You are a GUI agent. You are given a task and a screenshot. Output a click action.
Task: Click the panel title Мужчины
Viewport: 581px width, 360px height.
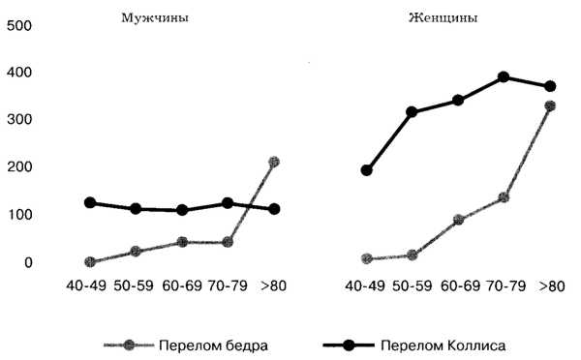coord(155,17)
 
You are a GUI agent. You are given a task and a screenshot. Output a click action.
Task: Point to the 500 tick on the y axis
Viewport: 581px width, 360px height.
coord(20,26)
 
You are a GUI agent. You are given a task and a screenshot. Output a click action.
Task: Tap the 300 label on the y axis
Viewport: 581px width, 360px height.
coord(20,120)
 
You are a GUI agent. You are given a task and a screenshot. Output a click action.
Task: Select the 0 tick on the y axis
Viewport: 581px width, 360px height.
coord(28,262)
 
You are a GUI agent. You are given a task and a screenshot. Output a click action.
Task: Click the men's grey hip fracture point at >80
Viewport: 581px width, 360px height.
coord(274,162)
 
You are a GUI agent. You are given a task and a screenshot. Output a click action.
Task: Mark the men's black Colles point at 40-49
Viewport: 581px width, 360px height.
coord(90,203)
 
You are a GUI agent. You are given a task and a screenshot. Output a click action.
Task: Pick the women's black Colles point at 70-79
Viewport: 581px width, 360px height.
coord(504,77)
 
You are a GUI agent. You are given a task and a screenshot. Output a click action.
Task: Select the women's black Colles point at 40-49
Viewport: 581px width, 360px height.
coord(367,170)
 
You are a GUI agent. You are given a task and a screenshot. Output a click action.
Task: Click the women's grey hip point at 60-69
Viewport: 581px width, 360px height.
coord(458,220)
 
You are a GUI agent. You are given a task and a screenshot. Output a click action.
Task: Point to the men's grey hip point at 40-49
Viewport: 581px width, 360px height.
coord(90,261)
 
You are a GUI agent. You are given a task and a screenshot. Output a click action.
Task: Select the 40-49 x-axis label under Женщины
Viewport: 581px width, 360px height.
coord(367,286)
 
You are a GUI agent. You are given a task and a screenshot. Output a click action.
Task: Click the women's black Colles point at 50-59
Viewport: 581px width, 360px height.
coord(412,112)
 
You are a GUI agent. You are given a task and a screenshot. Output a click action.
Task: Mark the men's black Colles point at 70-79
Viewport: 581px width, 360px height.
coord(228,203)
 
